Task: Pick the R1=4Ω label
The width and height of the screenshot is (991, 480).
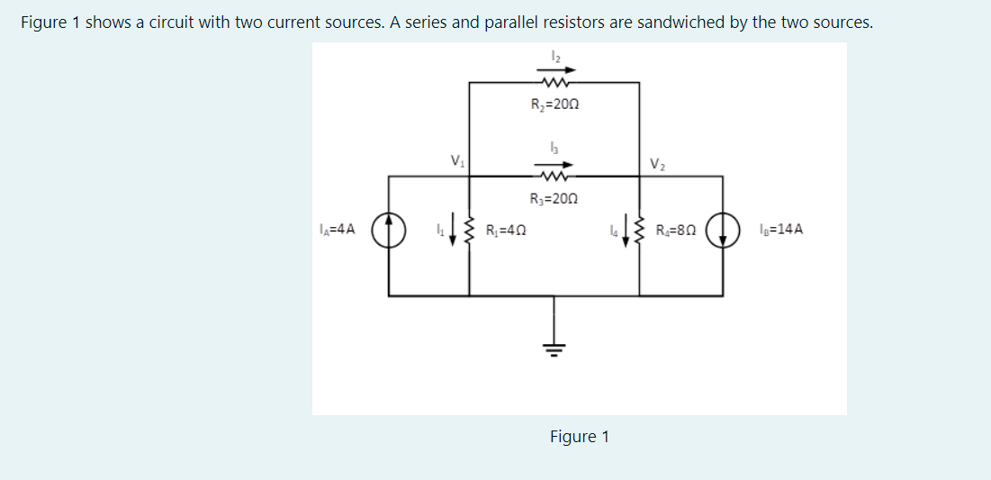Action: [505, 230]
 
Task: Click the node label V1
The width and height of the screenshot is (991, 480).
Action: [458, 161]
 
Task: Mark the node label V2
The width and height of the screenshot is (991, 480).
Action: [654, 163]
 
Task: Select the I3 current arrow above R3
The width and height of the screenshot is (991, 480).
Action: [554, 165]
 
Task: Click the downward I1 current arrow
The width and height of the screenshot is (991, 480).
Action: [452, 232]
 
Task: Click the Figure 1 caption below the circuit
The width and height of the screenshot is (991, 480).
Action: [580, 437]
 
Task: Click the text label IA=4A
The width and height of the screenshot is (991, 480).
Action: [338, 230]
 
